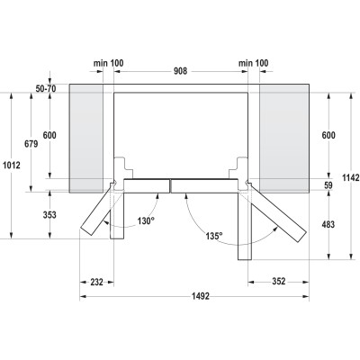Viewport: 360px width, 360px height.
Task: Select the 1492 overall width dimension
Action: (181, 296)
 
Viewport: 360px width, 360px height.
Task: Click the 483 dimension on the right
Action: (328, 223)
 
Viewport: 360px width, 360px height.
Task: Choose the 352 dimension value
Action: (281, 281)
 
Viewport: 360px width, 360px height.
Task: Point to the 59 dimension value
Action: (327, 185)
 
